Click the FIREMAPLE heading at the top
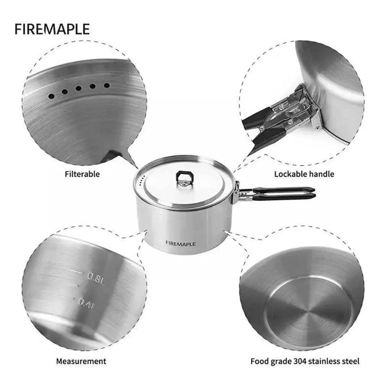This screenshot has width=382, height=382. (52, 29)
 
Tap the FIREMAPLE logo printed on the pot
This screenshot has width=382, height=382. (181, 243)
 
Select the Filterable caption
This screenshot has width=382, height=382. (83, 174)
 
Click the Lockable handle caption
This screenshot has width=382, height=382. (304, 174)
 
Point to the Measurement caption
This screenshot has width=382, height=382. (81, 361)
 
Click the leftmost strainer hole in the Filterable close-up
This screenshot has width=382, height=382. (52, 96)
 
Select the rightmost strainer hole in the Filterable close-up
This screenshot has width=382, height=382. (107, 85)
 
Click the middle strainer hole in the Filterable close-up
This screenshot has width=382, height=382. (78, 89)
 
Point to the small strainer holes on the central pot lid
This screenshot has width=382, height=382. (142, 181)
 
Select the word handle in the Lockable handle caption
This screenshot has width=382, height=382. (322, 174)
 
